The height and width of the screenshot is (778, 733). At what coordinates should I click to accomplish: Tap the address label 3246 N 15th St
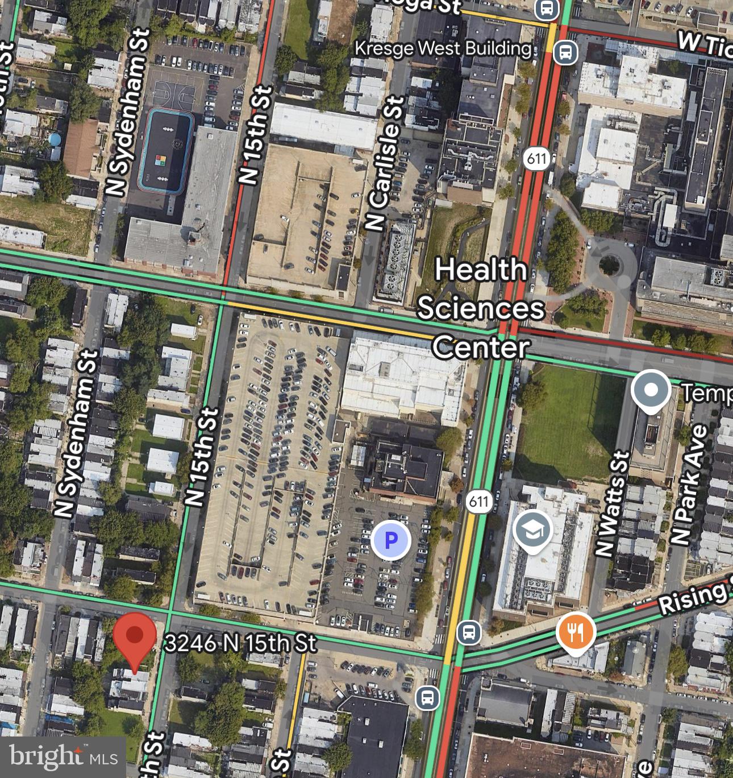[x=240, y=643]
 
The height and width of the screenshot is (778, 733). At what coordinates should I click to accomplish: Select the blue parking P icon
[x=391, y=540]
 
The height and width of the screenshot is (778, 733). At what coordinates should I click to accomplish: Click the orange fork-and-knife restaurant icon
[x=576, y=631]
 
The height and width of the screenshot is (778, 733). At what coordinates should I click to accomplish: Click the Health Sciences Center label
[x=481, y=308]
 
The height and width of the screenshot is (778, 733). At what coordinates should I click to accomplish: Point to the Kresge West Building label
[x=443, y=49]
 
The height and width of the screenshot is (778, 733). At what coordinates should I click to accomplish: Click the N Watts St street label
[x=613, y=503]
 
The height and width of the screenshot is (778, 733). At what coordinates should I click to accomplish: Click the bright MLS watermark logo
[x=63, y=757]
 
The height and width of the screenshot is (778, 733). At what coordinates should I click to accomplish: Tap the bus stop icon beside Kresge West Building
[x=565, y=52]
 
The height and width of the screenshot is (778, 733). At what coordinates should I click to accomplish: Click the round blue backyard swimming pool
[x=55, y=139]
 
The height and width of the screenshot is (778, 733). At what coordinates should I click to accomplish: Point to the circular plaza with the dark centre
[x=609, y=264]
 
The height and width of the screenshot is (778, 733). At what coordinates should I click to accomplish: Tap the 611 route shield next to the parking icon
[x=478, y=501]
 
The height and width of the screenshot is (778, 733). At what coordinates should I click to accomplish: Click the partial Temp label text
[x=706, y=392]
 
